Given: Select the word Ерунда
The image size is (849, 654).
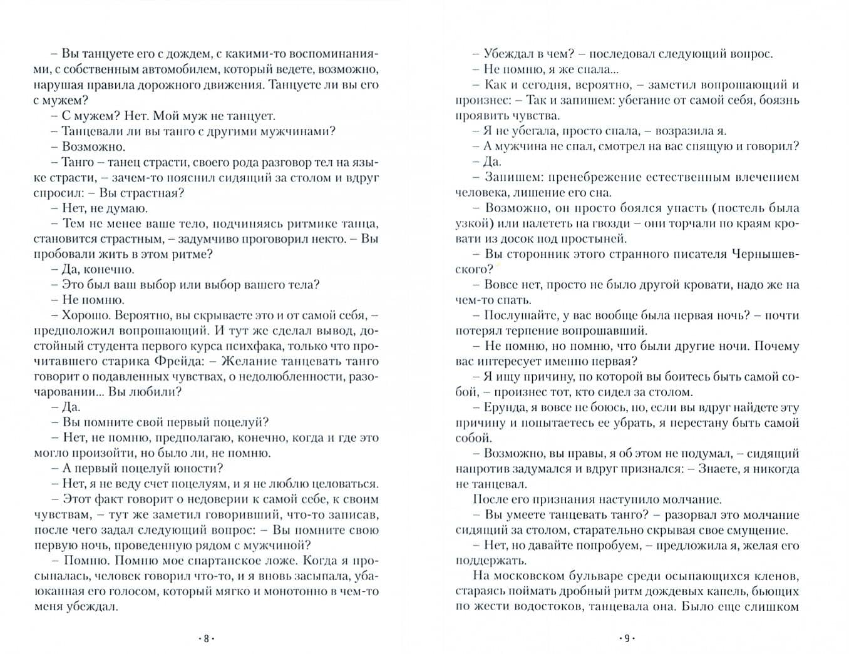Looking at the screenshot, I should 505,407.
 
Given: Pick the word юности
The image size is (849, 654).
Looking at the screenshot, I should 203,469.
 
